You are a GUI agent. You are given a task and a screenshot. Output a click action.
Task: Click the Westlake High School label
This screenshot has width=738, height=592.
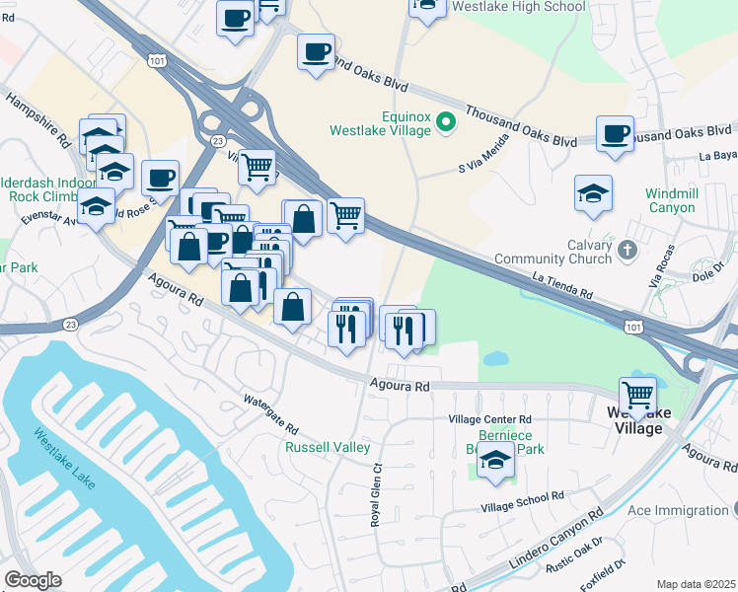pyautogui.click(x=517, y=7)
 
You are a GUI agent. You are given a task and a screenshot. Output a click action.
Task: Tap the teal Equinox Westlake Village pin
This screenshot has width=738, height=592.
pyautogui.click(x=445, y=122)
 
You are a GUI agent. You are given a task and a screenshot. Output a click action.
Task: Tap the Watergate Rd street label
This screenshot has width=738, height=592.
pyautogui.click(x=271, y=414)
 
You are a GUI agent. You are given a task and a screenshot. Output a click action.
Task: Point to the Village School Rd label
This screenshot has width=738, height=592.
pyautogui.click(x=522, y=501)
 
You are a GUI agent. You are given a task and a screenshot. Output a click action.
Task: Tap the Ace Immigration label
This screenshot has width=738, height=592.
pyautogui.click(x=677, y=510)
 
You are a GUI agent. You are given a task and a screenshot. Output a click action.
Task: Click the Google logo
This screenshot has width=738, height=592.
pyautogui.click(x=34, y=580)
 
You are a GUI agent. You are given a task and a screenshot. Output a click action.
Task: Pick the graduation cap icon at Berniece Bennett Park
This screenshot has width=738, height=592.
pyautogui.click(x=495, y=462)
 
